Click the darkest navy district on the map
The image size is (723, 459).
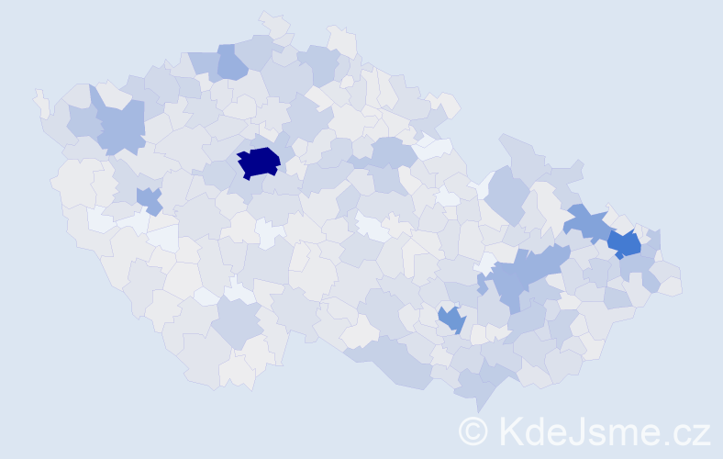[258, 162]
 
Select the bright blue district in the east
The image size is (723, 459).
[624, 243]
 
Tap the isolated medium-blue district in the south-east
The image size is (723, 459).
[451, 319]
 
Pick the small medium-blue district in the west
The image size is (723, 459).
[149, 199]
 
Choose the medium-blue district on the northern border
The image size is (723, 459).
[232, 63]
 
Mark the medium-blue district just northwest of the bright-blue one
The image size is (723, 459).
[585, 222]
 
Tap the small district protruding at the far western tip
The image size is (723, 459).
[40, 102]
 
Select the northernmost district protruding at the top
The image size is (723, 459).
[273, 22]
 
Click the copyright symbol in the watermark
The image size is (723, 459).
[474, 431]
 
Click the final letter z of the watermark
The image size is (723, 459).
[701, 433]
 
